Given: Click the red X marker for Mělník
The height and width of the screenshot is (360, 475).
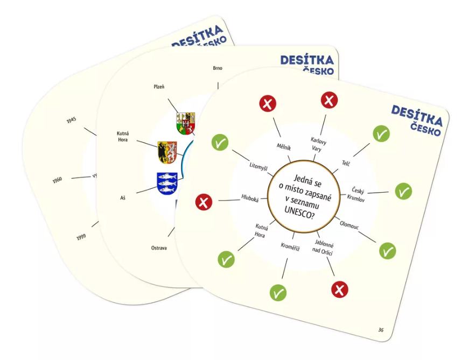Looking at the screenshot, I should tap(268, 104).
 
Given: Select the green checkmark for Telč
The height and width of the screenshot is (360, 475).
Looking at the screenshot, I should tap(381, 134).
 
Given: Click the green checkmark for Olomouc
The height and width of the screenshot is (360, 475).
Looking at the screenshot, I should tap(387, 250).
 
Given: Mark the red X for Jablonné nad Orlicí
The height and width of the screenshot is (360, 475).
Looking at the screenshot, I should tap(340, 290).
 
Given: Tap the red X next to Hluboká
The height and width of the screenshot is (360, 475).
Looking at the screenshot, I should tap(205, 202).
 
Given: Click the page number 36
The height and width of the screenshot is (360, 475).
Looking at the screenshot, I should tap(381, 329).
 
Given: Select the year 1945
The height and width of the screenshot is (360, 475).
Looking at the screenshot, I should tap(71, 121).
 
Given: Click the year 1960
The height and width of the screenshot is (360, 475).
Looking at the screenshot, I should tap(58, 180).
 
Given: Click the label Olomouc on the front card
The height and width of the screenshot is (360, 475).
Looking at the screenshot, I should tap(350, 222).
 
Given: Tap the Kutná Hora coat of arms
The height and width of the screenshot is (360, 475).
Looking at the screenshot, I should tap(167, 152).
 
